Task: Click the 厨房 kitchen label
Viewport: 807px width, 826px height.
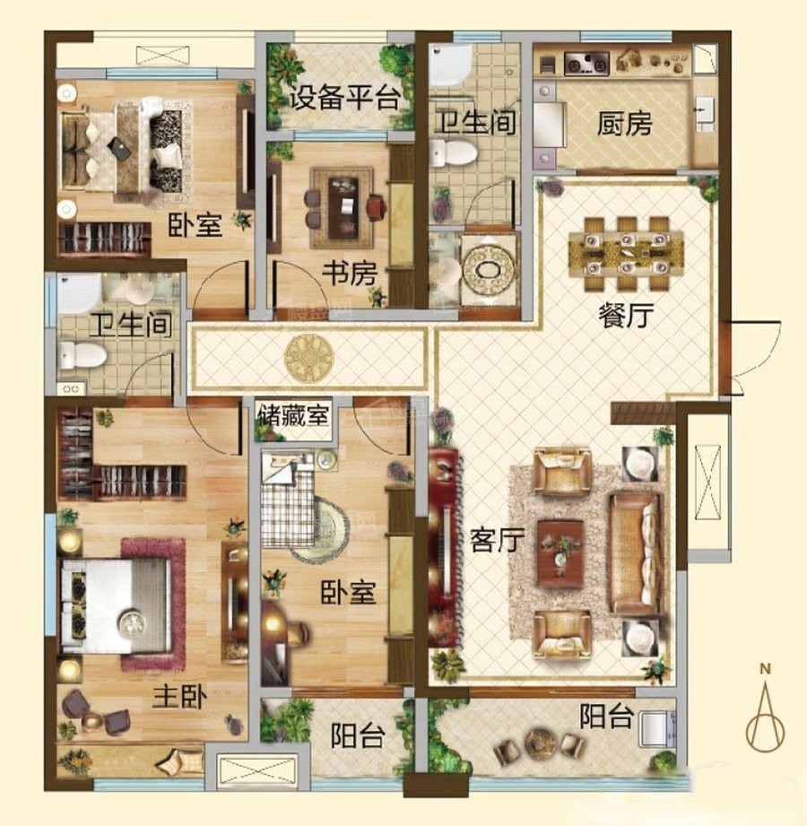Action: coord(624,123)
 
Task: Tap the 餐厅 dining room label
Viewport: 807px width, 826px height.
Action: coord(626,315)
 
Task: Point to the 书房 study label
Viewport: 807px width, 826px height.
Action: coord(350,274)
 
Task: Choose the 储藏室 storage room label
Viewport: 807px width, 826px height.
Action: coord(293,415)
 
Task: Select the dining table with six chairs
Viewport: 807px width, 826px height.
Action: coord(626,254)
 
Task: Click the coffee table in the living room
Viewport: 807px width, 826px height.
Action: coord(560,553)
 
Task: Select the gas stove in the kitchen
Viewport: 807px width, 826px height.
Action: coord(586,63)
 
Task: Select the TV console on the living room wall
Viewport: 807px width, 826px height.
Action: coord(443,548)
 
